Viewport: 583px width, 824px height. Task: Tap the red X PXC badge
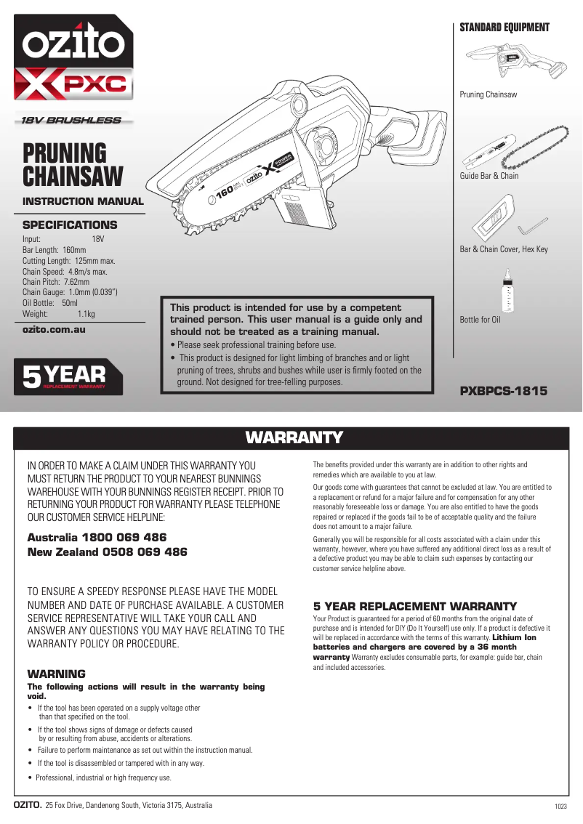[x=73, y=84]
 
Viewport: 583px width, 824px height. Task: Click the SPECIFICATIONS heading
[x=70, y=225]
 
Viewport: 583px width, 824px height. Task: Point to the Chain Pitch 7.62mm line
[x=56, y=281]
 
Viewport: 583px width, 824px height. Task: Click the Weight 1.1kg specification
[x=59, y=314]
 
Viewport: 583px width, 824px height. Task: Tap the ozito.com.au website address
[x=55, y=329]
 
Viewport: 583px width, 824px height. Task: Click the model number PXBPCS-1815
[x=503, y=391]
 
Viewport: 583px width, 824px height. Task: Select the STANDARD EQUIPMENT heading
[x=504, y=28]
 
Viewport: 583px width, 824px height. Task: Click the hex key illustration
[x=533, y=225]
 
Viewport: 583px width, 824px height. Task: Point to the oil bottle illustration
[x=507, y=291]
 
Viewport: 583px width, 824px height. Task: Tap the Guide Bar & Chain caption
[x=489, y=176]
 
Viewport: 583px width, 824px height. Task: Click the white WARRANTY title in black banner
[x=294, y=437]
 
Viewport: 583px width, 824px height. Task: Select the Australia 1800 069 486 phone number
[x=97, y=537]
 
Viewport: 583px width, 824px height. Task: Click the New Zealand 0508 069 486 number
[x=107, y=552]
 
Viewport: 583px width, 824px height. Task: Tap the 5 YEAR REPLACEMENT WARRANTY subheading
[x=414, y=606]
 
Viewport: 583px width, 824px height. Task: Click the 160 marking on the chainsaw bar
[x=223, y=192]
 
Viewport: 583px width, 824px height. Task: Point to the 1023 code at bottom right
[x=560, y=807]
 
